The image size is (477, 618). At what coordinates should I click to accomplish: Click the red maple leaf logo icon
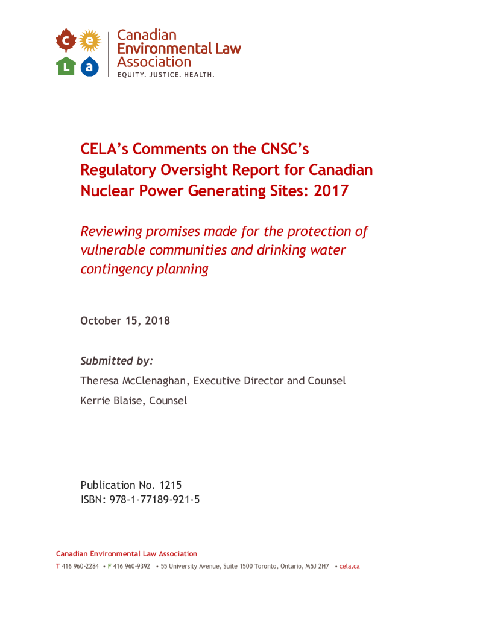coord(65,41)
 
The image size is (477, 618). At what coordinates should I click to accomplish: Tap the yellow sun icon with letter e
coord(89,40)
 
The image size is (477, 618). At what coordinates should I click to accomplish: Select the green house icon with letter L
coord(65,66)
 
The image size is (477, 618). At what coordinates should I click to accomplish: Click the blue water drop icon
coord(89,66)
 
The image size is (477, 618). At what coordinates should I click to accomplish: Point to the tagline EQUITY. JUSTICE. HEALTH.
coord(166,75)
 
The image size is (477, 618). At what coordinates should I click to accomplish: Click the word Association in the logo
coord(154,62)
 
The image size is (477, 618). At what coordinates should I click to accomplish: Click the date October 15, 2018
coord(125,320)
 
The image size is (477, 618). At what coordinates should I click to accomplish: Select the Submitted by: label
coord(117,361)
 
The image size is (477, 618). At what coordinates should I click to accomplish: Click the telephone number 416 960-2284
coord(80,566)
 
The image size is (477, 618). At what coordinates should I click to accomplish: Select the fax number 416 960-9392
coord(132,566)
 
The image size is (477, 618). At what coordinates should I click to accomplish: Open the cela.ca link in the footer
coord(349,566)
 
